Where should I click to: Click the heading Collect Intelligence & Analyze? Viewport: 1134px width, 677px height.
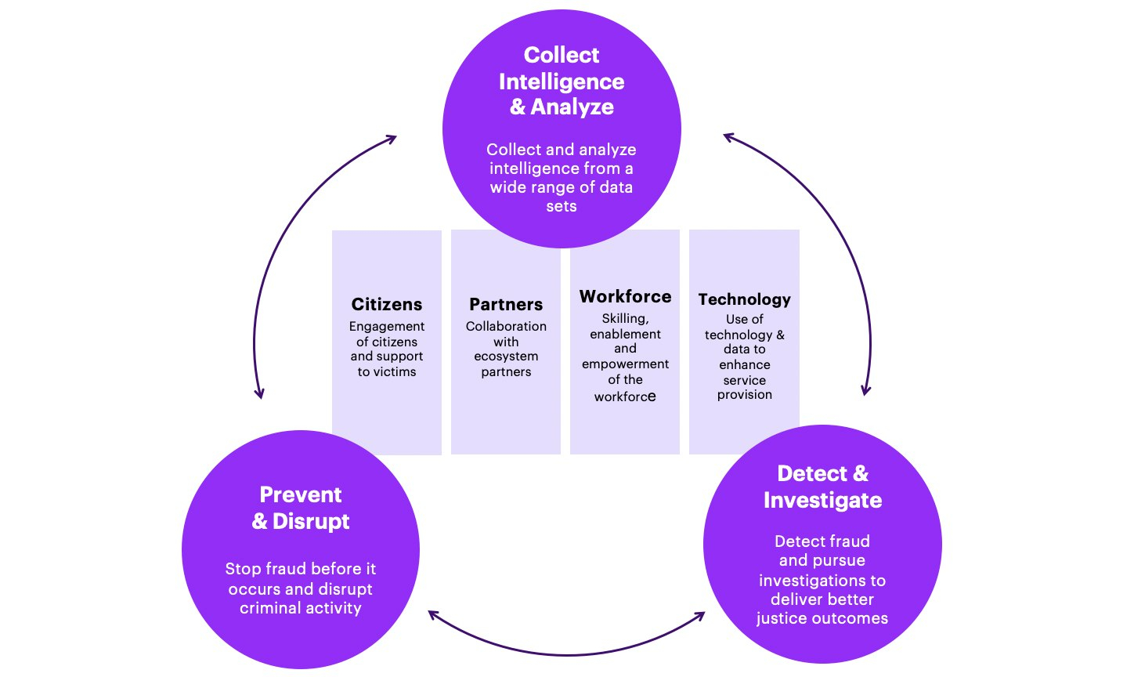coord(562,81)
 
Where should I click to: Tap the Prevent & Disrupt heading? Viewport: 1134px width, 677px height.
coord(301,508)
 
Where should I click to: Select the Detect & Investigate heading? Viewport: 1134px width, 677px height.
coord(822,487)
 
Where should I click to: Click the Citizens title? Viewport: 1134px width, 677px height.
coord(387,304)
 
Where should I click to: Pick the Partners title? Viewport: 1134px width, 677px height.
coord(506,304)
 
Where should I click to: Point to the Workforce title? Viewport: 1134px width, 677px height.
coord(625,296)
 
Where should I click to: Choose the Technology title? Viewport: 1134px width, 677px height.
coord(744,299)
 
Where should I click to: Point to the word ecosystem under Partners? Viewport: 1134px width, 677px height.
coord(506,357)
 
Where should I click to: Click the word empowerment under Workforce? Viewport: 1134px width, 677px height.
coord(625,364)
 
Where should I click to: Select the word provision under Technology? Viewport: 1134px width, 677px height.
coord(744,395)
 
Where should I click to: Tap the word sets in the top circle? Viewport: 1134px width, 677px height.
coord(562,206)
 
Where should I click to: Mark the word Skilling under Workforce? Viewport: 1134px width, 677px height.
coord(625,319)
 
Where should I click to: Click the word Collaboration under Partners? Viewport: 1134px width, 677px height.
coord(506,326)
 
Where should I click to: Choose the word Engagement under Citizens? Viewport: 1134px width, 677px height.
coord(387,326)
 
